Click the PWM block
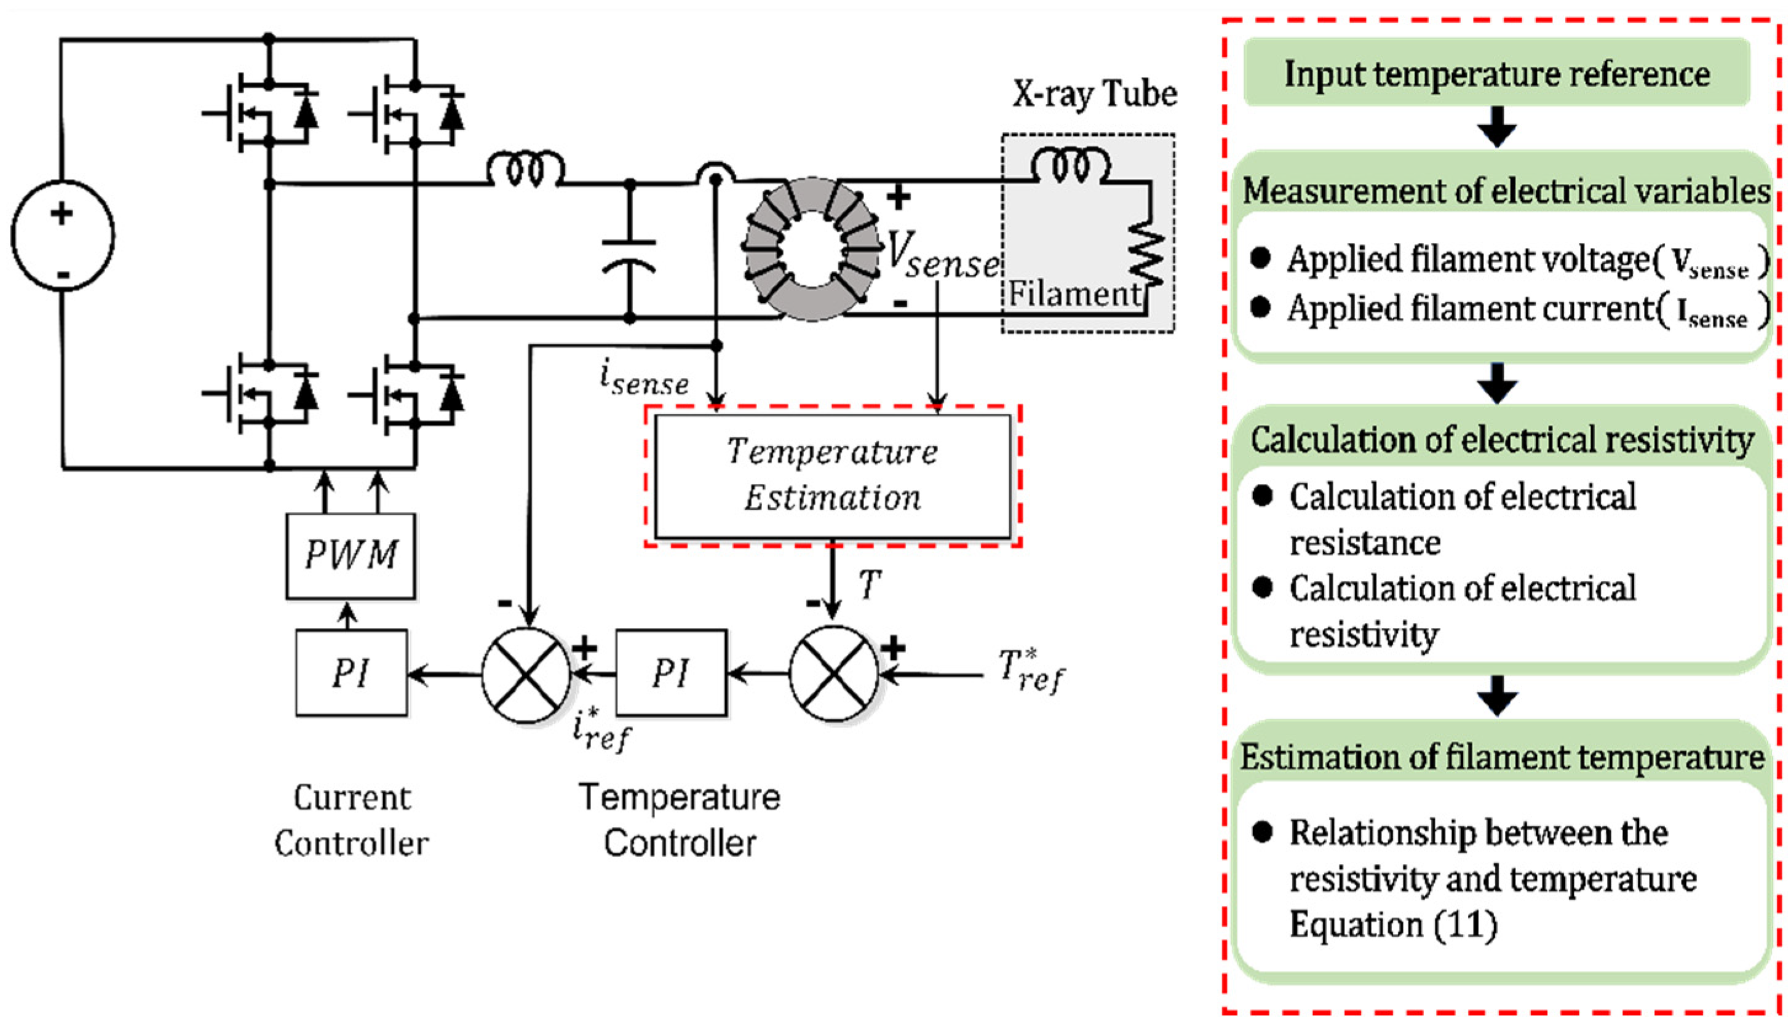click(351, 555)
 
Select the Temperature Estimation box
click(833, 475)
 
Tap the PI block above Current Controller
click(352, 673)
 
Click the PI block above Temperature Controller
click(670, 673)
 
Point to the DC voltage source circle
click(63, 236)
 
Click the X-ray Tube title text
click(1094, 94)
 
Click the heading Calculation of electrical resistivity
click(1502, 440)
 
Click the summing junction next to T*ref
click(834, 674)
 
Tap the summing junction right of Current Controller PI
click(526, 674)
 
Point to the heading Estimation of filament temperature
click(1502, 758)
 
